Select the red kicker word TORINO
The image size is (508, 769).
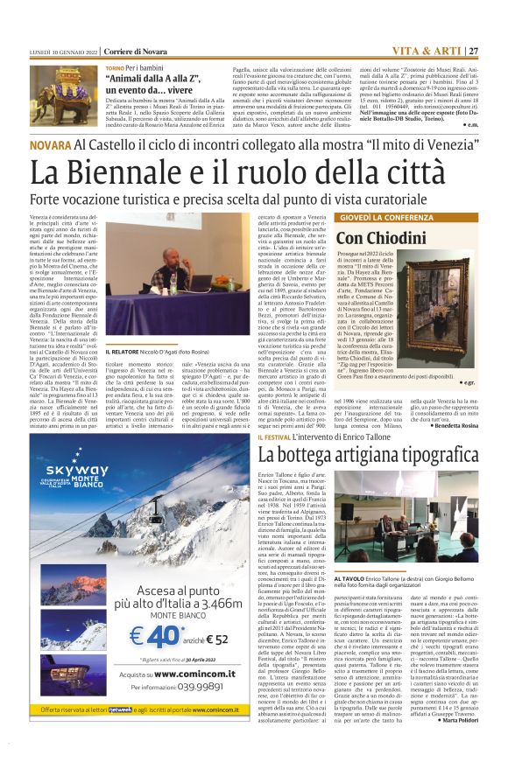pos(115,67)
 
